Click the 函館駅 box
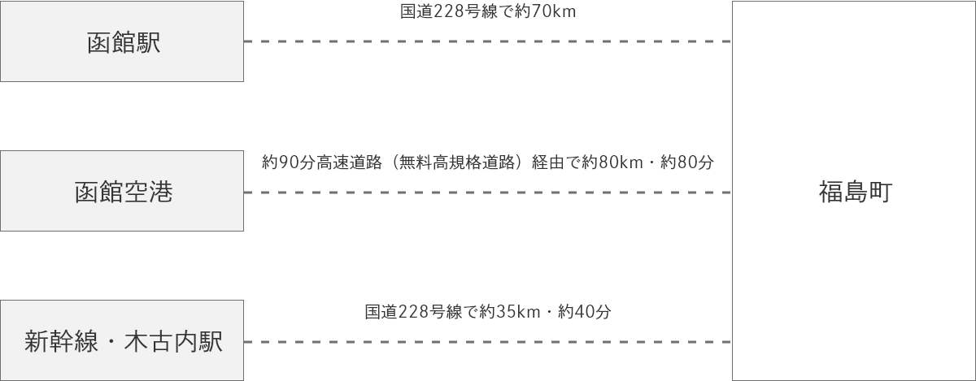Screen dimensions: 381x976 point(122,41)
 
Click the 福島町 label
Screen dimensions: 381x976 point(854,193)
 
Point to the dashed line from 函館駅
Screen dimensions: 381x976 point(488,41)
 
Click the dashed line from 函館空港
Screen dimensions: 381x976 point(488,193)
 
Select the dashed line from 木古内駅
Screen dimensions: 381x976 point(488,342)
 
